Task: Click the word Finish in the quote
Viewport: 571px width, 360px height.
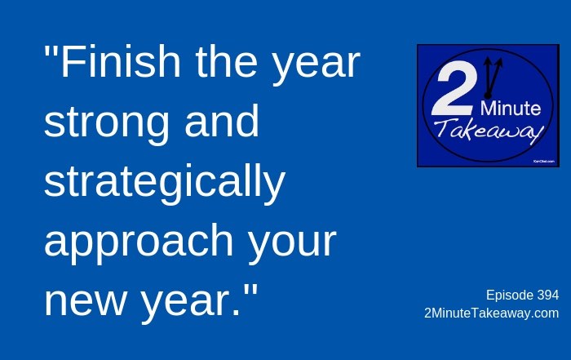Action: click(x=120, y=61)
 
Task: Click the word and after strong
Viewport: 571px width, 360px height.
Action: click(x=222, y=121)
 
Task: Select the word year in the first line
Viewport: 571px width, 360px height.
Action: click(x=316, y=65)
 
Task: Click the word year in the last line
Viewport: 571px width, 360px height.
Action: click(x=186, y=305)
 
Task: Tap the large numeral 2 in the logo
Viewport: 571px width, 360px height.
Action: click(x=454, y=89)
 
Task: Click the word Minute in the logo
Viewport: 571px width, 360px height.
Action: click(x=510, y=109)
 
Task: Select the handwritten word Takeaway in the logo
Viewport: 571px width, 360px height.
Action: click(x=489, y=131)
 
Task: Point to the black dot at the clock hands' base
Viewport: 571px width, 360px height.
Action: click(x=488, y=96)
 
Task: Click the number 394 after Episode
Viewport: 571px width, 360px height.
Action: click(x=547, y=295)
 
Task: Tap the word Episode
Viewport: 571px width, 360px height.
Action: click(x=510, y=296)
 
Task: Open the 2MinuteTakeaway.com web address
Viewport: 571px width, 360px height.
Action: click(x=492, y=313)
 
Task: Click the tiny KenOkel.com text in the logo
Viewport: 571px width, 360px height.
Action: click(x=544, y=161)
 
